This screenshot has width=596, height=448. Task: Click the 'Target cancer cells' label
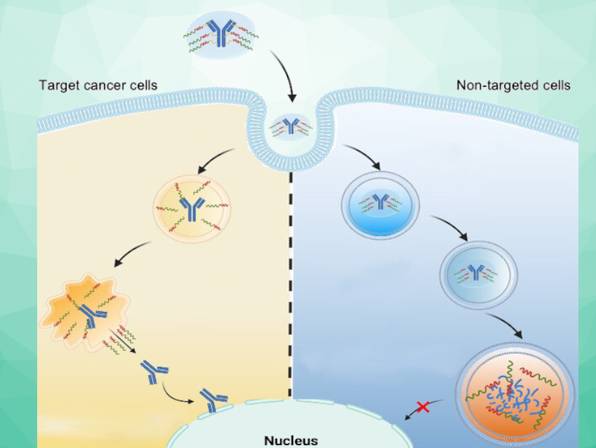[x=97, y=86]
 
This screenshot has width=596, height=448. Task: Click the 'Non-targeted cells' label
[x=513, y=86]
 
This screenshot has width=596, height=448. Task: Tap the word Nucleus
[x=290, y=441]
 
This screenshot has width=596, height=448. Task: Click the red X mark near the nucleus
[x=423, y=406]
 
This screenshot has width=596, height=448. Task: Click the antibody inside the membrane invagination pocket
[x=291, y=126]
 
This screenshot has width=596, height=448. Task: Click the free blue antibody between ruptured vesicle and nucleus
[x=151, y=369]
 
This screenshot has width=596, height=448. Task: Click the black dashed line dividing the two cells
[x=290, y=280]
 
